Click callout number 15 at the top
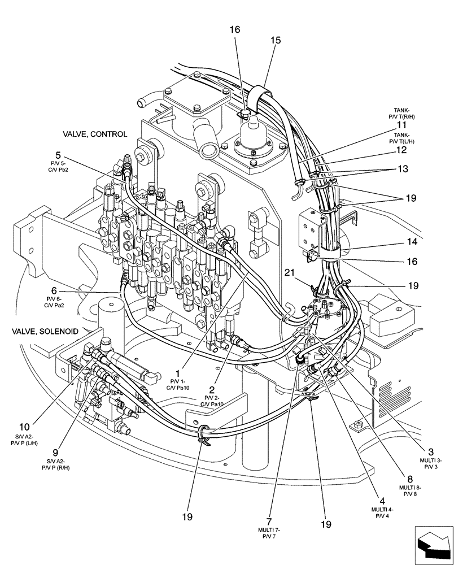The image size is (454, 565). pos(276,42)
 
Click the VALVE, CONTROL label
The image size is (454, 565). pos(95,134)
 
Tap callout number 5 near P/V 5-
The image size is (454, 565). pos(58,154)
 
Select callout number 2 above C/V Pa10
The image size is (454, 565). pos(212,389)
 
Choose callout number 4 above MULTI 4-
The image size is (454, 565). pos(382,501)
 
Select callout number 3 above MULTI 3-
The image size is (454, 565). pos(431,452)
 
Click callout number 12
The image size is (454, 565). pos(401,150)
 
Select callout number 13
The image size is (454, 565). pos(401,168)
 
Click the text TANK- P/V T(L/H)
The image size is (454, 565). pos(401,138)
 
